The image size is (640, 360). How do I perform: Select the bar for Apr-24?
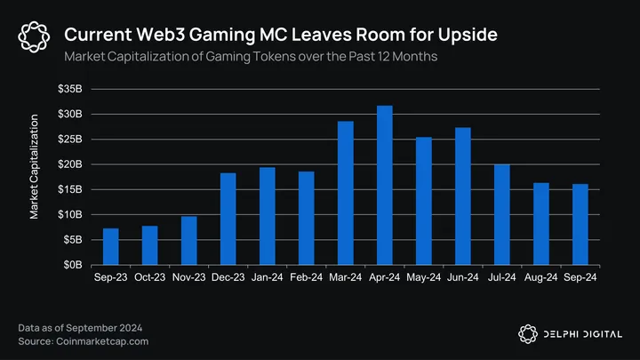(x=384, y=185)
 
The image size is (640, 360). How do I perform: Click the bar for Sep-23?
(x=111, y=246)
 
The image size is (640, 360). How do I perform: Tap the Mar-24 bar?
(x=346, y=193)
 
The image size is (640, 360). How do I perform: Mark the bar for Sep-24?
(x=580, y=224)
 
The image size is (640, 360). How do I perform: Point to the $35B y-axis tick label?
(x=70, y=90)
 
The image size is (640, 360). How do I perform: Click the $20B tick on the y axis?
(x=70, y=164)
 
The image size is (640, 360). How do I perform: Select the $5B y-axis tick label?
(x=73, y=240)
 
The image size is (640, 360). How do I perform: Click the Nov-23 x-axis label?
(x=189, y=278)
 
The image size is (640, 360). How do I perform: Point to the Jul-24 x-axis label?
(x=501, y=278)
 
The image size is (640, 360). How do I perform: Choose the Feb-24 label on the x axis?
(x=306, y=278)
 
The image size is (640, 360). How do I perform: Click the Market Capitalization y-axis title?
(x=35, y=166)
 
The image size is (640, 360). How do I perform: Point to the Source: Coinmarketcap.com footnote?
(x=83, y=341)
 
